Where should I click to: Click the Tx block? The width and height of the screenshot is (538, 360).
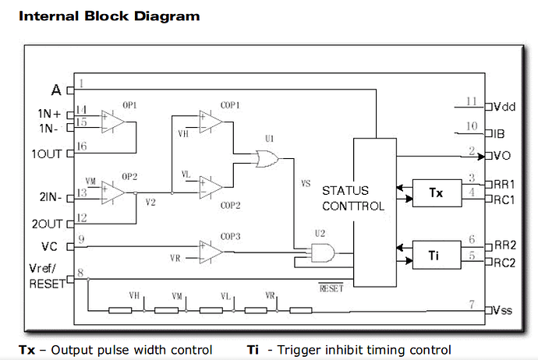click(x=436, y=192)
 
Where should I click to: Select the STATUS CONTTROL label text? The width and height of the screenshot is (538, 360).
click(x=352, y=199)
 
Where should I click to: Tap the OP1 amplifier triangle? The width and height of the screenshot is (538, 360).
click(x=114, y=123)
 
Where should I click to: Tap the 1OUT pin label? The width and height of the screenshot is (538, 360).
click(x=45, y=153)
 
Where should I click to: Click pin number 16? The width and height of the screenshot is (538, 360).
click(x=83, y=146)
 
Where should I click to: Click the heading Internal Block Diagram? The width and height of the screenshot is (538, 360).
click(x=108, y=16)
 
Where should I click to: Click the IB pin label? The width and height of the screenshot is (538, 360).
click(x=500, y=133)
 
